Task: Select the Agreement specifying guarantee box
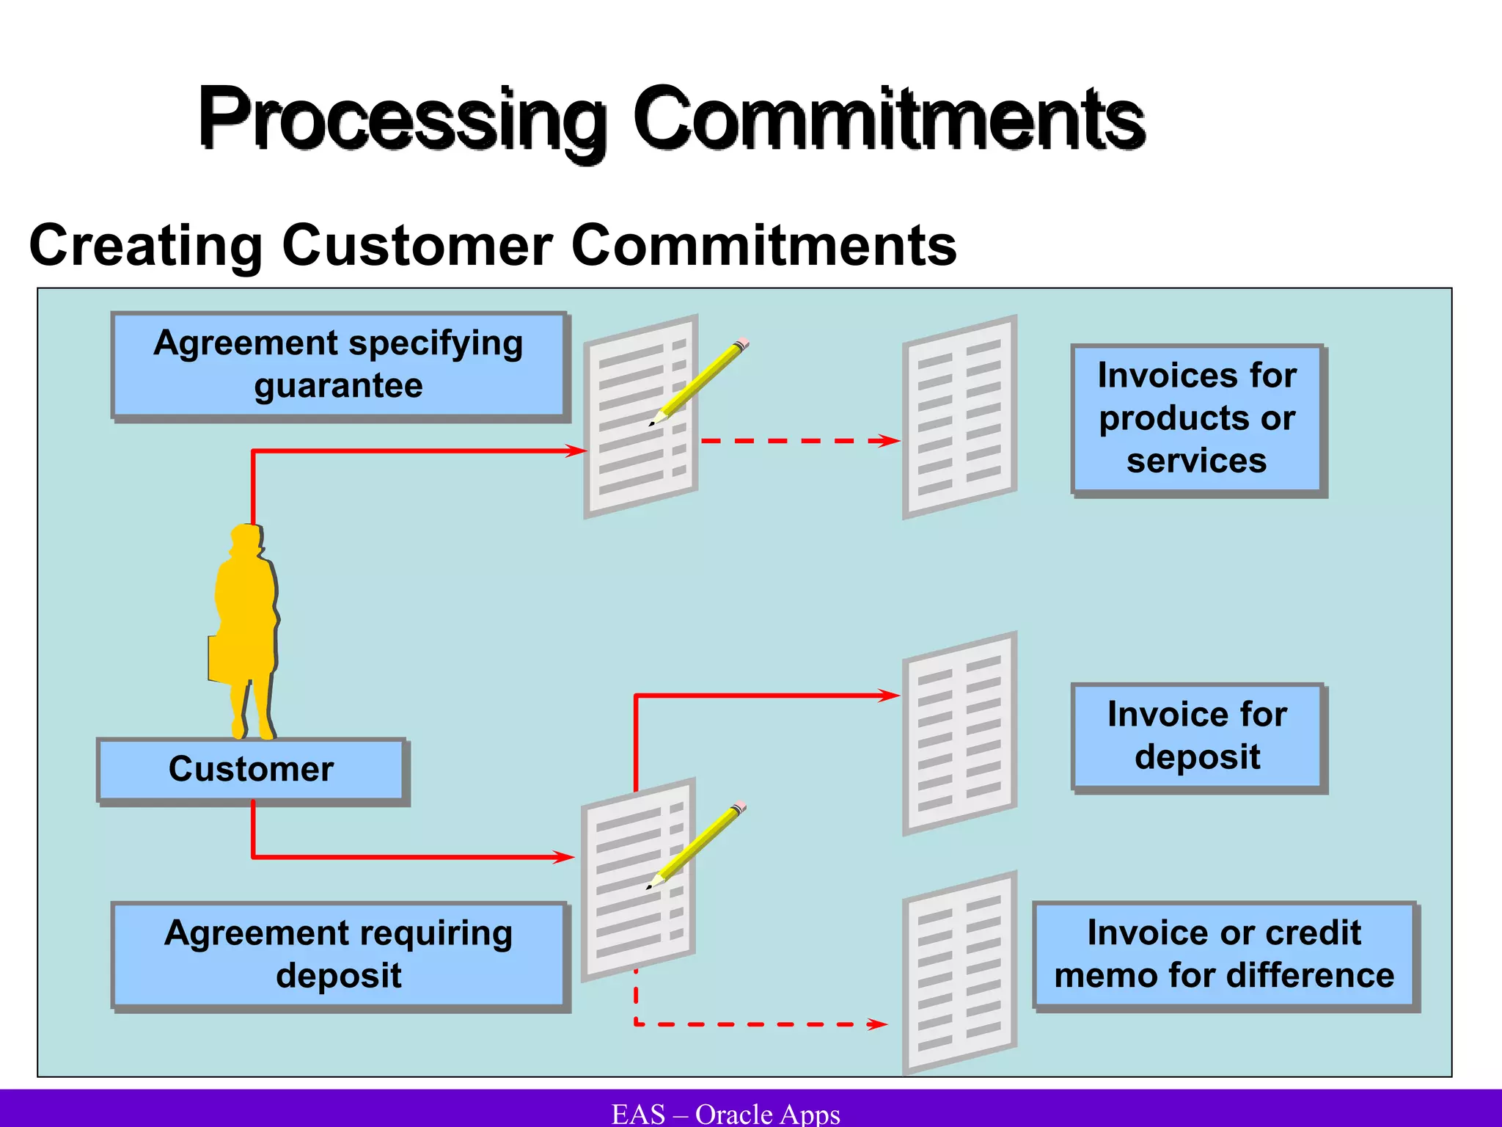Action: pyautogui.click(x=339, y=365)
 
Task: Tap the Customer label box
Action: pyautogui.click(x=251, y=770)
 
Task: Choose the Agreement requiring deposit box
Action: pyautogui.click(x=339, y=955)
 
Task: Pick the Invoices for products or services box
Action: pyautogui.click(x=1197, y=418)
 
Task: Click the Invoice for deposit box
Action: pyautogui.click(x=1197, y=736)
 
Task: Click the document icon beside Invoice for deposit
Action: pyautogui.click(x=959, y=734)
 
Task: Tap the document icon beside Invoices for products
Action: pyautogui.click(x=959, y=417)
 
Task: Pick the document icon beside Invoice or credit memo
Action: pyautogui.click(x=959, y=972)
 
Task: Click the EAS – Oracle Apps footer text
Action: pyautogui.click(x=725, y=1114)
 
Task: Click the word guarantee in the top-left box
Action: pyautogui.click(x=339, y=386)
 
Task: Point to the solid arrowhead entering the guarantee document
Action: pyautogui.click(x=576, y=451)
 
